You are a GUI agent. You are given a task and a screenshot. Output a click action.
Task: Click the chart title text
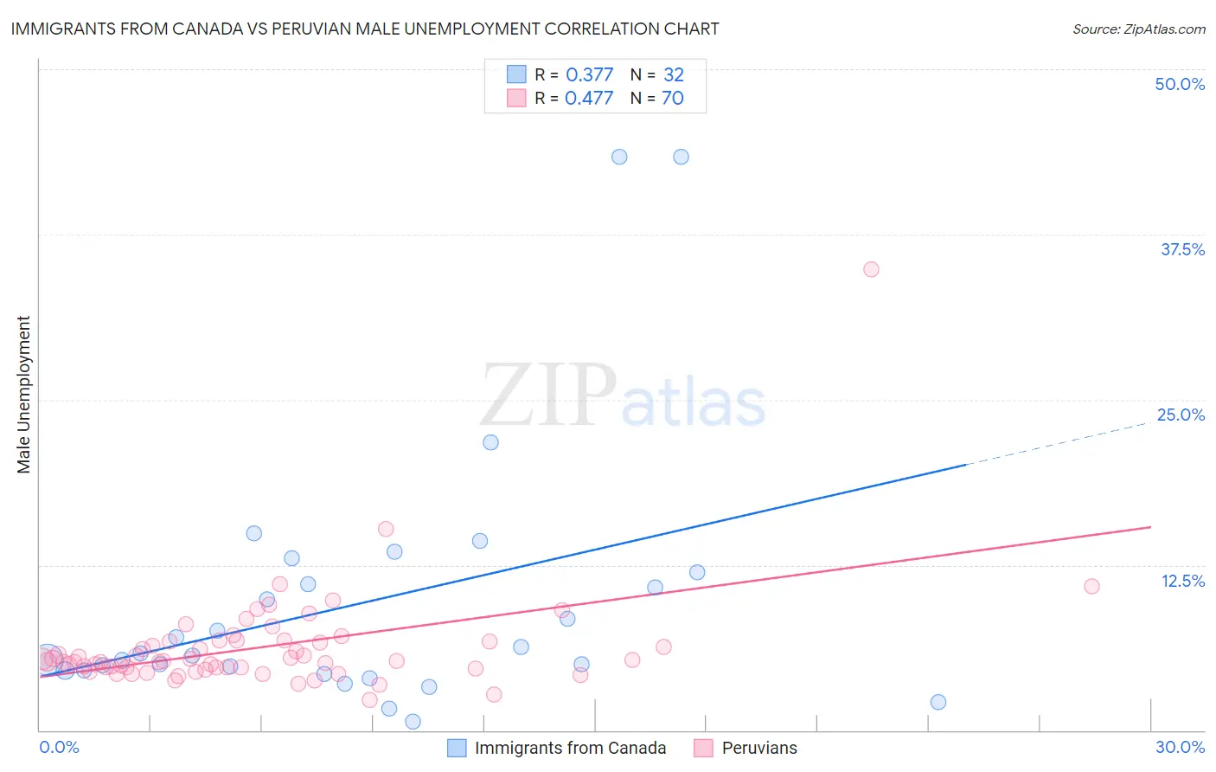coord(364,29)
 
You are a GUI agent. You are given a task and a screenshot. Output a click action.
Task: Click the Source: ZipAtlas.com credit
coord(1138,29)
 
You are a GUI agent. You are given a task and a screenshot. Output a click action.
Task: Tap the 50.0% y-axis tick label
coord(1180,84)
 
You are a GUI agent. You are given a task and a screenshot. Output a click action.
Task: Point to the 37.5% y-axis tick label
coord(1182,249)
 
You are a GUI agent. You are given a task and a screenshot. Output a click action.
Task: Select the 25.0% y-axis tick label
coord(1181,415)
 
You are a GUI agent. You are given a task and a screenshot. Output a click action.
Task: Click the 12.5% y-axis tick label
coord(1182,581)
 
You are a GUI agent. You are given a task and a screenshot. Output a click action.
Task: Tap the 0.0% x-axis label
coord(59,747)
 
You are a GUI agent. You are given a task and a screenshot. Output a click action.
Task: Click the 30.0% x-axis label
coord(1180,747)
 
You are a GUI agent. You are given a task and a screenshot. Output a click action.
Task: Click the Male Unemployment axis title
coord(23,395)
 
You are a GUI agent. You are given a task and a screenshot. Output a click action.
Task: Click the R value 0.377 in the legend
coord(589,75)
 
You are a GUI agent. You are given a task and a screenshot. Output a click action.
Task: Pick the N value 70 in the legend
coord(672,99)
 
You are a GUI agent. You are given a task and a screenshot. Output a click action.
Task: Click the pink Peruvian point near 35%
coord(871,269)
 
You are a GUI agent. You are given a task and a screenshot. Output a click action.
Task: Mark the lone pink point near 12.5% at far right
coord(1091,586)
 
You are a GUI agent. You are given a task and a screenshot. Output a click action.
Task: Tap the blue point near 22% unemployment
coord(490,442)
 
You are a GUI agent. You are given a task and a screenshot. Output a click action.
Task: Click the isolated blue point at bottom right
coord(938,702)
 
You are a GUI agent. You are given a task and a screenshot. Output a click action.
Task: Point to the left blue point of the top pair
coord(619,157)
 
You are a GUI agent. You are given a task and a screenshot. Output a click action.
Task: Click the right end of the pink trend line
coord(1150,527)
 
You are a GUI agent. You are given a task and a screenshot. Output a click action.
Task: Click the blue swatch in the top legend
coord(516,74)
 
